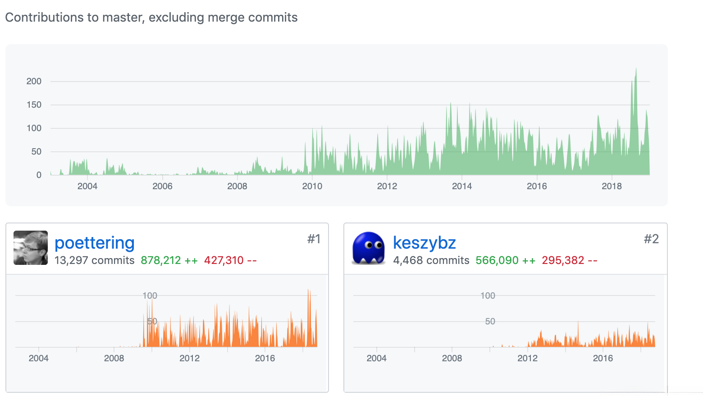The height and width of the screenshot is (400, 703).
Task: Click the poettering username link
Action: pyautogui.click(x=95, y=243)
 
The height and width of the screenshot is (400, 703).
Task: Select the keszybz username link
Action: pyautogui.click(x=424, y=243)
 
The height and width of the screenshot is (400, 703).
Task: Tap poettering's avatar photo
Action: pyautogui.click(x=31, y=248)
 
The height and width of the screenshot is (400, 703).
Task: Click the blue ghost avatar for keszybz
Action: pyautogui.click(x=369, y=248)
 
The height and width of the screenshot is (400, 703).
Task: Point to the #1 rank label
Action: pyautogui.click(x=314, y=239)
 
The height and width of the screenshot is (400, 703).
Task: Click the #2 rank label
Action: pyautogui.click(x=651, y=239)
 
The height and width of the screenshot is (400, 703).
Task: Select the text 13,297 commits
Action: pyautogui.click(x=94, y=260)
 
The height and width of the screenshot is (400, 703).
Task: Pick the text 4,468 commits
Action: pyautogui.click(x=431, y=260)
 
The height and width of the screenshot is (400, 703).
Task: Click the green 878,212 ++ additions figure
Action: pyautogui.click(x=169, y=260)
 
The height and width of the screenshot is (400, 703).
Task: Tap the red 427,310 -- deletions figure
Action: pyautogui.click(x=230, y=260)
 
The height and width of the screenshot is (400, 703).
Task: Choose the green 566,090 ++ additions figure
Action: pyautogui.click(x=505, y=260)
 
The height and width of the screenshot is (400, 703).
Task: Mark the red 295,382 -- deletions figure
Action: pyautogui.click(x=569, y=260)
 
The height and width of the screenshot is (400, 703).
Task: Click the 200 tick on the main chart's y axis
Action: pyautogui.click(x=34, y=82)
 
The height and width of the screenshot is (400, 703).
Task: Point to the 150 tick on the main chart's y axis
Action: pyautogui.click(x=34, y=105)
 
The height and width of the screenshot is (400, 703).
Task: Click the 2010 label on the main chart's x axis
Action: pyautogui.click(x=312, y=186)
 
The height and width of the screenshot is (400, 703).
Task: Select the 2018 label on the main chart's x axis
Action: pyautogui.click(x=612, y=186)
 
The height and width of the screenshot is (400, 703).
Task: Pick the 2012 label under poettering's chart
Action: pyautogui.click(x=189, y=359)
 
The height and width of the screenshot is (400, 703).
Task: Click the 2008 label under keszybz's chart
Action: pyautogui.click(x=452, y=359)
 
